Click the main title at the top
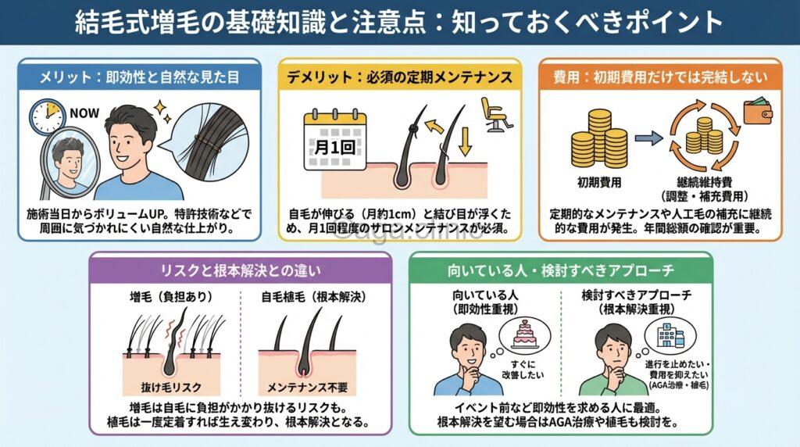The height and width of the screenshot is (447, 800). [x=399, y=22]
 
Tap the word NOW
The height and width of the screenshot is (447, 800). [x=84, y=113]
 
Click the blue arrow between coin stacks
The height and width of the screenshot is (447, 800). [x=645, y=139]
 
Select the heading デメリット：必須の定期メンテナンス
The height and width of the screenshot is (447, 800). [x=399, y=77]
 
